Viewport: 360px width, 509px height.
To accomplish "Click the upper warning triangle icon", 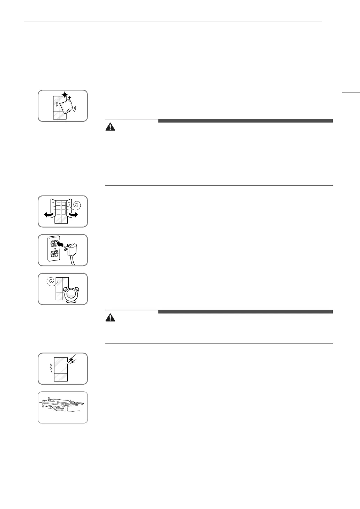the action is tap(110, 127).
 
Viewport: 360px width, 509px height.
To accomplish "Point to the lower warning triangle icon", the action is tap(110, 318).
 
